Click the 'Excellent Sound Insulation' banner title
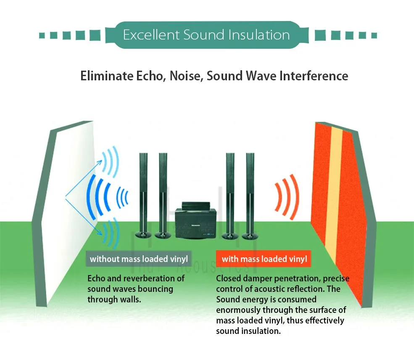pos(206,34)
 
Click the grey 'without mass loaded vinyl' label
pos(139,259)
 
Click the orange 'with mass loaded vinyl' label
pos(264,259)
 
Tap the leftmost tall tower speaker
pos(143,189)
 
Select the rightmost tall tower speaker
pos(251,189)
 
